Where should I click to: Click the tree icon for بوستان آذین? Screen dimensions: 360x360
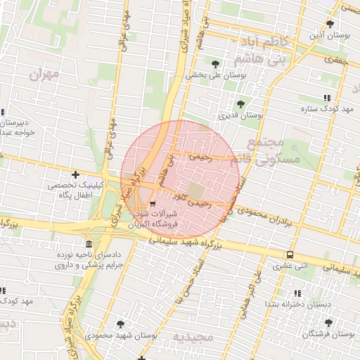pyautogui.click(x=345, y=22)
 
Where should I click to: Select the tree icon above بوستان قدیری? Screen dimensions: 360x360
pyautogui.click(x=240, y=104)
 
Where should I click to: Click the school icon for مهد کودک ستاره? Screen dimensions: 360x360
pyautogui.click(x=326, y=99)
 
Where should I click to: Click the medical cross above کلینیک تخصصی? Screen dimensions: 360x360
pyautogui.click(x=75, y=174)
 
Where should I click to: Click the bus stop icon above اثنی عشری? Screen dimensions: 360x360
pyautogui.click(x=290, y=255)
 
